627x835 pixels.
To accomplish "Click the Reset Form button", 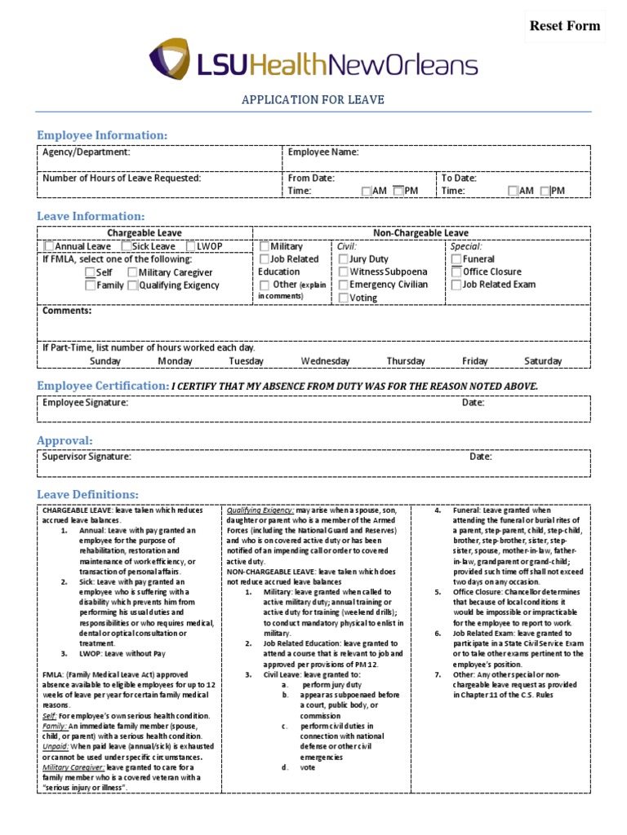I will (x=565, y=26).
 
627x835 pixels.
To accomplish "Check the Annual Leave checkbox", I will (x=49, y=246).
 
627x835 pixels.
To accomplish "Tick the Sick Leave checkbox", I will (x=127, y=246).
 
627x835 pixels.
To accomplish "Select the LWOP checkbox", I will (x=190, y=246).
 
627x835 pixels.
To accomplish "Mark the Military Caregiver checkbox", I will (x=132, y=272).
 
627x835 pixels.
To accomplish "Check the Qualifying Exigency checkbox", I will (x=132, y=285).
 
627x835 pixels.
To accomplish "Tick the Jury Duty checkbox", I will (x=344, y=259).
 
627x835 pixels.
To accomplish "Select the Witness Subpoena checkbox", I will (x=344, y=272).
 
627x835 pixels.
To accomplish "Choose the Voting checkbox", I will (x=344, y=298).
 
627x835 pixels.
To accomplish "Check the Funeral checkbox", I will (x=456, y=259).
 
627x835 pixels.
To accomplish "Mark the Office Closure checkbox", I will (x=456, y=272).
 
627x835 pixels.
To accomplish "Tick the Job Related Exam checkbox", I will (x=456, y=285).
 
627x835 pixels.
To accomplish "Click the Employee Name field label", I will (x=323, y=152).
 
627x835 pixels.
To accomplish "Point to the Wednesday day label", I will (x=325, y=361).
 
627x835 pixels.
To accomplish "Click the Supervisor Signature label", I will (x=87, y=457).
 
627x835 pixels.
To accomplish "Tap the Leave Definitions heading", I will (x=87, y=495).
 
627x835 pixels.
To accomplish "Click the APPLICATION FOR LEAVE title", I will (x=313, y=100).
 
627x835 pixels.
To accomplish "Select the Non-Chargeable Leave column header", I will (x=420, y=233).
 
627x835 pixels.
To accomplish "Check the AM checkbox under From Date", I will (x=366, y=191).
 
